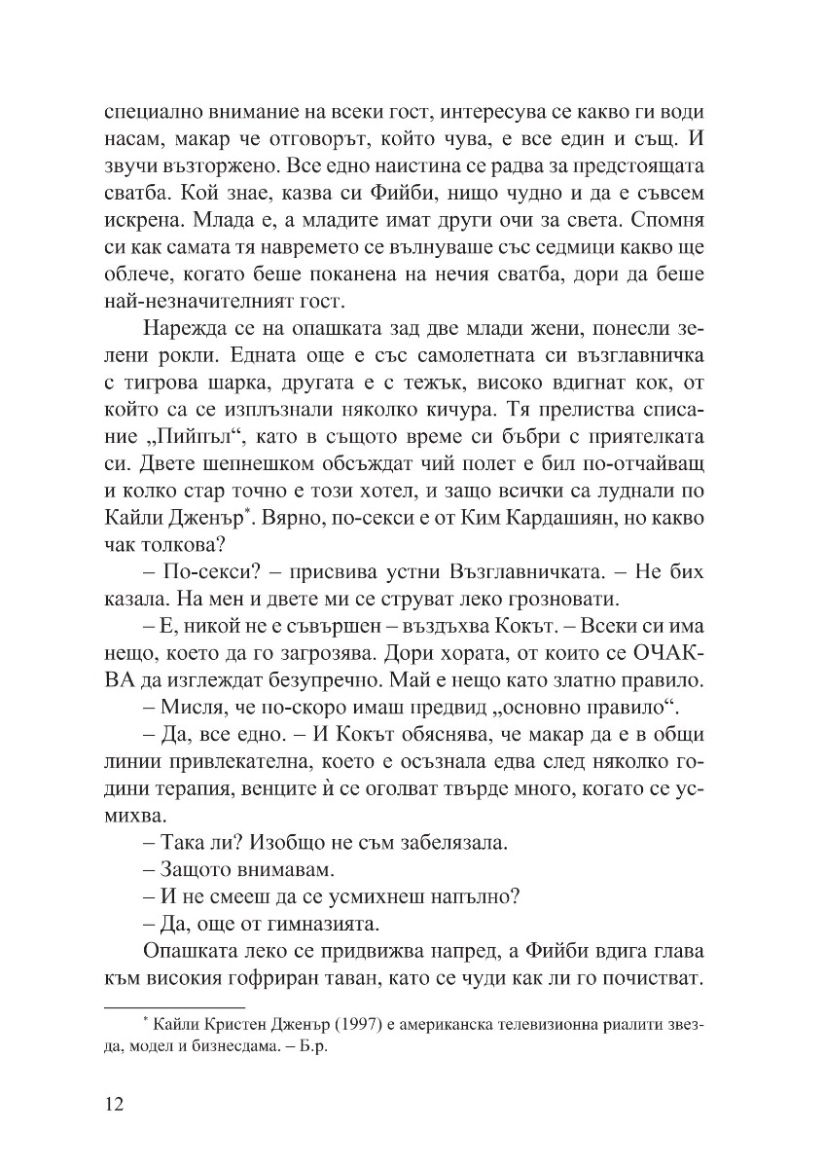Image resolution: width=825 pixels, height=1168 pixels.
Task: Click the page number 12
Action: pyautogui.click(x=116, y=1107)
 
